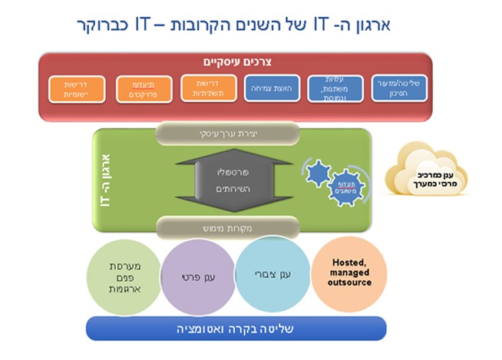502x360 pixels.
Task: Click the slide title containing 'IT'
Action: click(x=234, y=25)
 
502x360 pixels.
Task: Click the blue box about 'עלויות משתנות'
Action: click(x=335, y=89)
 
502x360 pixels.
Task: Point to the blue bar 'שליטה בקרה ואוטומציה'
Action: click(x=235, y=328)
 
